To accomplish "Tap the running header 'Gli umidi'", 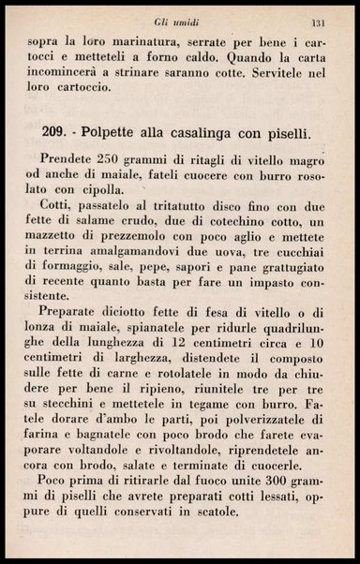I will pos(173,22).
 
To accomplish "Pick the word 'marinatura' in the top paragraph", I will pos(138,43).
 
